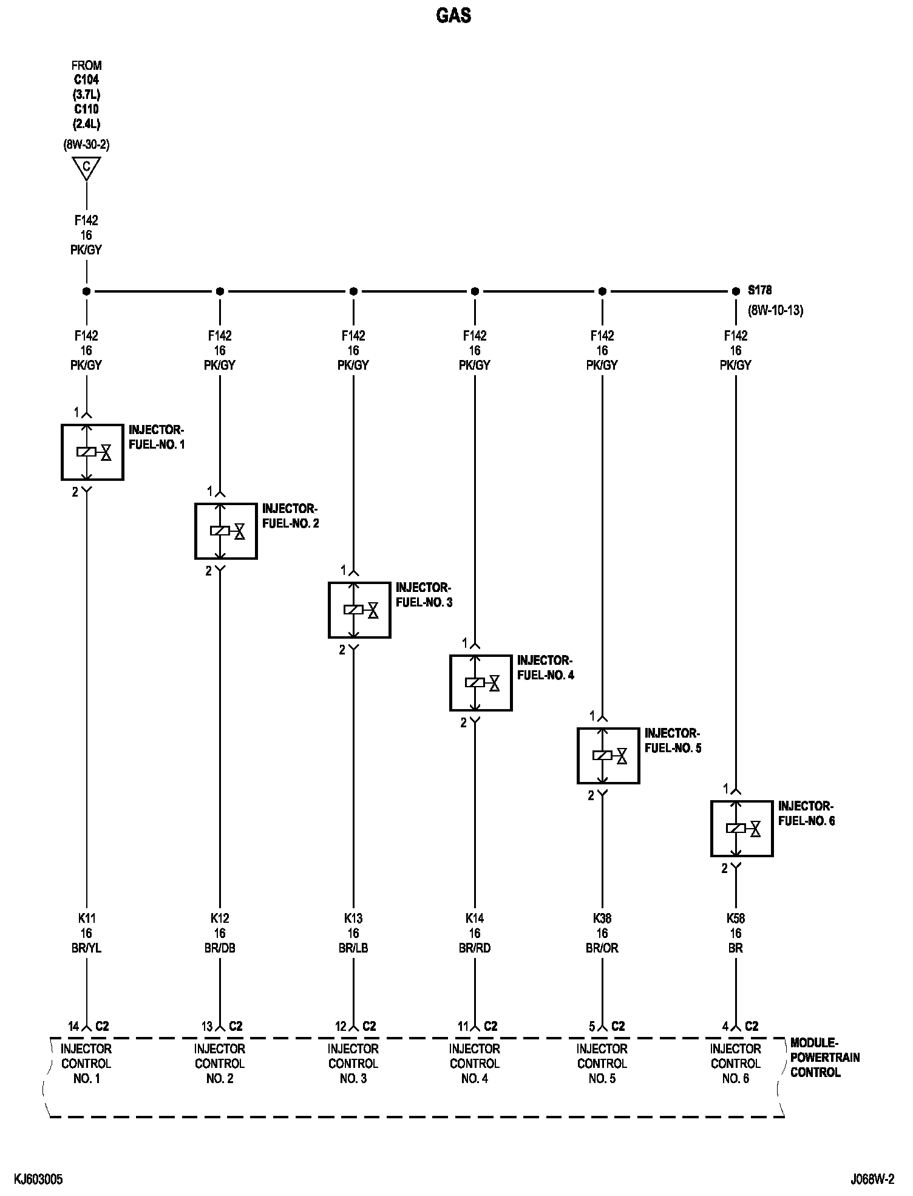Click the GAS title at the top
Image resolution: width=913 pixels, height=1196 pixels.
pyautogui.click(x=453, y=16)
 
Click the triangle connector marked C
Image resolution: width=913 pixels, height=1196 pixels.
pyautogui.click(x=86, y=168)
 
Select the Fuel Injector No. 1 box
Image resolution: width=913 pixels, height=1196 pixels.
pyautogui.click(x=92, y=452)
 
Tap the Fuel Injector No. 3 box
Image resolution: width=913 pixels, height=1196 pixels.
pyautogui.click(x=359, y=610)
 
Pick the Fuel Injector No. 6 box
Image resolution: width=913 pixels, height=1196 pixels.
pyautogui.click(x=742, y=828)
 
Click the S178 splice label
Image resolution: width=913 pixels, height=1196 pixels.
pyautogui.click(x=759, y=291)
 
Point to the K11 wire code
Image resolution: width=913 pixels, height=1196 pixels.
pyautogui.click(x=86, y=919)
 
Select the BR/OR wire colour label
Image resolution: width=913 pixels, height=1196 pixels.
pyautogui.click(x=602, y=948)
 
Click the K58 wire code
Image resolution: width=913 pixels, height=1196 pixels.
pyautogui.click(x=736, y=919)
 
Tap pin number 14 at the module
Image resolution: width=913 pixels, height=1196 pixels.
pyautogui.click(x=73, y=1027)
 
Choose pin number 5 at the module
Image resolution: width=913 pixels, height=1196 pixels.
pyautogui.click(x=592, y=1027)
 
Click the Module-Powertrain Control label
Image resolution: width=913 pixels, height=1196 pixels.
pyautogui.click(x=824, y=1058)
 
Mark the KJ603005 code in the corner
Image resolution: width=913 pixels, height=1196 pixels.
pyautogui.click(x=38, y=1180)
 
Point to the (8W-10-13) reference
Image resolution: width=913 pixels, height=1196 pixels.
pyautogui.click(x=775, y=310)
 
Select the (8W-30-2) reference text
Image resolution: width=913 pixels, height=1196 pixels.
pyautogui.click(x=86, y=145)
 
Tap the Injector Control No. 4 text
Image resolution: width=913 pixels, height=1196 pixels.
pyautogui.click(x=475, y=1063)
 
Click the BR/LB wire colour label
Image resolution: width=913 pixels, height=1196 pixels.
pyautogui.click(x=353, y=948)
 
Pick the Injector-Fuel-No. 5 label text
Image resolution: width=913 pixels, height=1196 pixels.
pyautogui.click(x=673, y=741)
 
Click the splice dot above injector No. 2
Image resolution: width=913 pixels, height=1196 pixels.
pyautogui.click(x=220, y=291)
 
